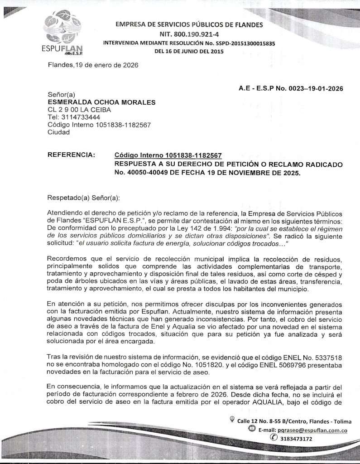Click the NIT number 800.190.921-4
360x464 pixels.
pos(189,34)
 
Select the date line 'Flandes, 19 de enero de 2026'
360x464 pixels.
pos(93,65)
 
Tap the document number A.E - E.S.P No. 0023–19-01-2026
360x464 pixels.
pos(290,88)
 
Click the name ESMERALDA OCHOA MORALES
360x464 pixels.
pos(101,102)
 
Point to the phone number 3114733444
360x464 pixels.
pos(81,117)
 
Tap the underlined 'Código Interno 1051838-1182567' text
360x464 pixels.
pos(168,155)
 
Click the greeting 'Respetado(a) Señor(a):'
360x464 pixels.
pos(84,198)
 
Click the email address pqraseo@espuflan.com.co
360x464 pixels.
pos(312,430)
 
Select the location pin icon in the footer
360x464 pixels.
pos(232,420)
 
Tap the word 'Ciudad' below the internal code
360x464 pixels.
pos(59,132)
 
